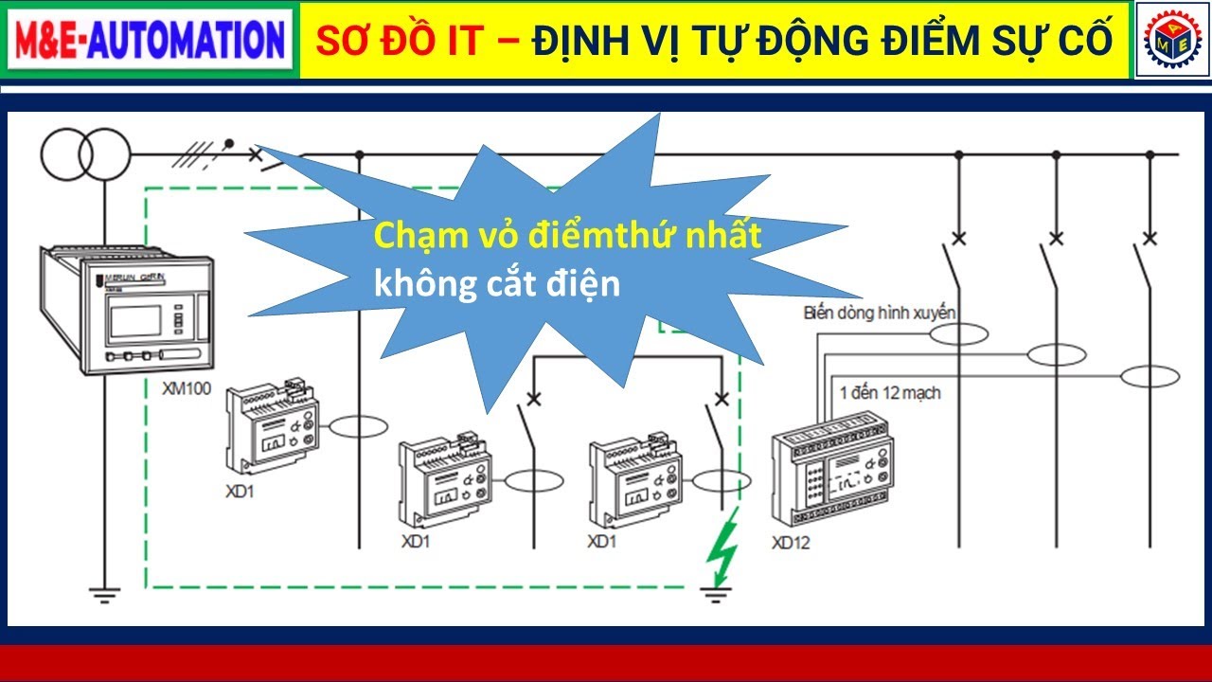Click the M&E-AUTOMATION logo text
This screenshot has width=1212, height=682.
click(x=150, y=40)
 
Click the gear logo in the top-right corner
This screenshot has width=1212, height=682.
click(x=1172, y=41)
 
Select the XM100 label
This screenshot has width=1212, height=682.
click(x=187, y=388)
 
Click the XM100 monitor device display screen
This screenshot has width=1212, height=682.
click(x=134, y=320)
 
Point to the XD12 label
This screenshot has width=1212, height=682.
click(x=791, y=543)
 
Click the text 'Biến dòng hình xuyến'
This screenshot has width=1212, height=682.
click(x=880, y=312)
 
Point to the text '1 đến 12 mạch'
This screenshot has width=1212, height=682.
click(x=890, y=391)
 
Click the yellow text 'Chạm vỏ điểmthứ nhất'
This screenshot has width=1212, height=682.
click(x=567, y=237)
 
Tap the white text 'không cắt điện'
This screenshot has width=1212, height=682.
click(x=497, y=283)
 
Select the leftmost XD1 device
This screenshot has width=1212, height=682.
click(x=272, y=426)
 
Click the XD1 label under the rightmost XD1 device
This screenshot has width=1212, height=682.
click(x=602, y=542)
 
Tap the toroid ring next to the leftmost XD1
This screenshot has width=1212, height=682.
click(x=357, y=428)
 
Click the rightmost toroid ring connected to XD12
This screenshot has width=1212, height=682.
click(x=1150, y=377)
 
